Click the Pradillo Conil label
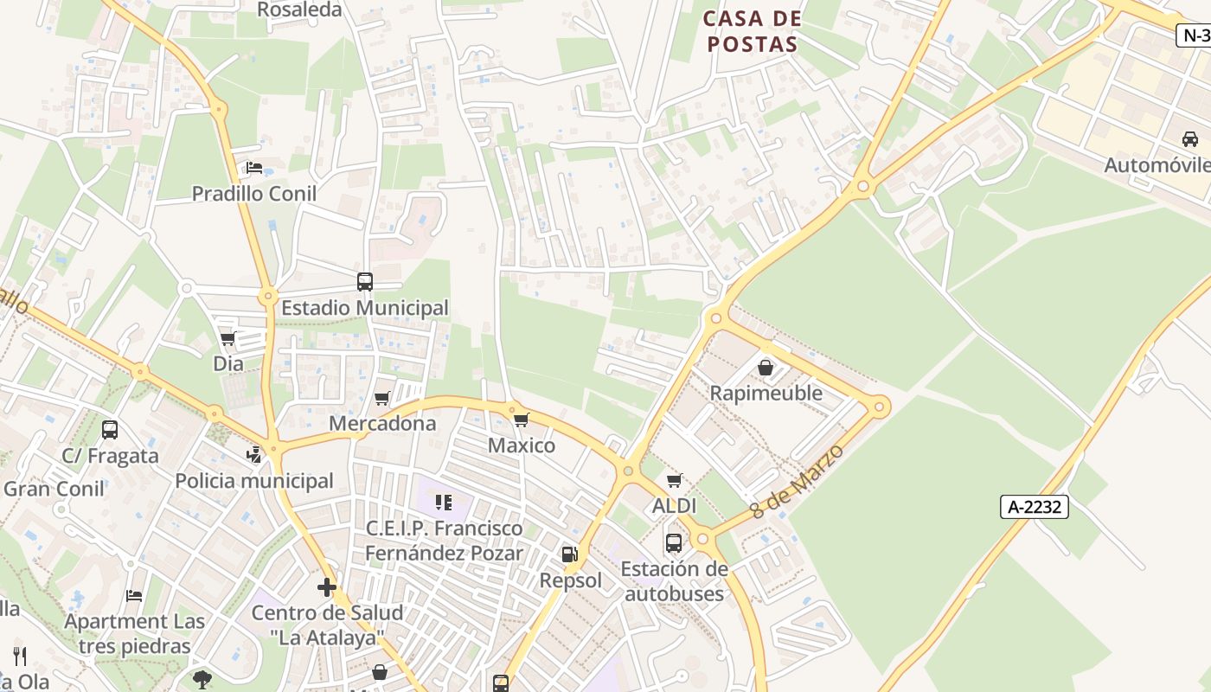coord(254,193)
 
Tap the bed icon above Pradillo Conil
coord(254,167)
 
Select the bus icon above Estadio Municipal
coord(365,281)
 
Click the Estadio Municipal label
coord(365,308)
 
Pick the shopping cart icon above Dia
coord(228,338)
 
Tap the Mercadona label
coord(382,424)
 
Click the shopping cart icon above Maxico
coord(521,420)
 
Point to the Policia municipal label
coord(254,481)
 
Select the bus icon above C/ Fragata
coord(110,430)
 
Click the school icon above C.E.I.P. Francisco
coord(444,502)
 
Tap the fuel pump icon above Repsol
coord(569,554)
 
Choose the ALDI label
coord(675,506)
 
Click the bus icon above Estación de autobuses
coord(674,543)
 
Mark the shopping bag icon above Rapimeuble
coord(766,368)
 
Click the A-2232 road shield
coord(1035,507)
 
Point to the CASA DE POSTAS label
coord(753,31)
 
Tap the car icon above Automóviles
coord(1190,138)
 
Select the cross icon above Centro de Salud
coord(327,587)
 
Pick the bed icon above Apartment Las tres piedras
coord(134,595)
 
